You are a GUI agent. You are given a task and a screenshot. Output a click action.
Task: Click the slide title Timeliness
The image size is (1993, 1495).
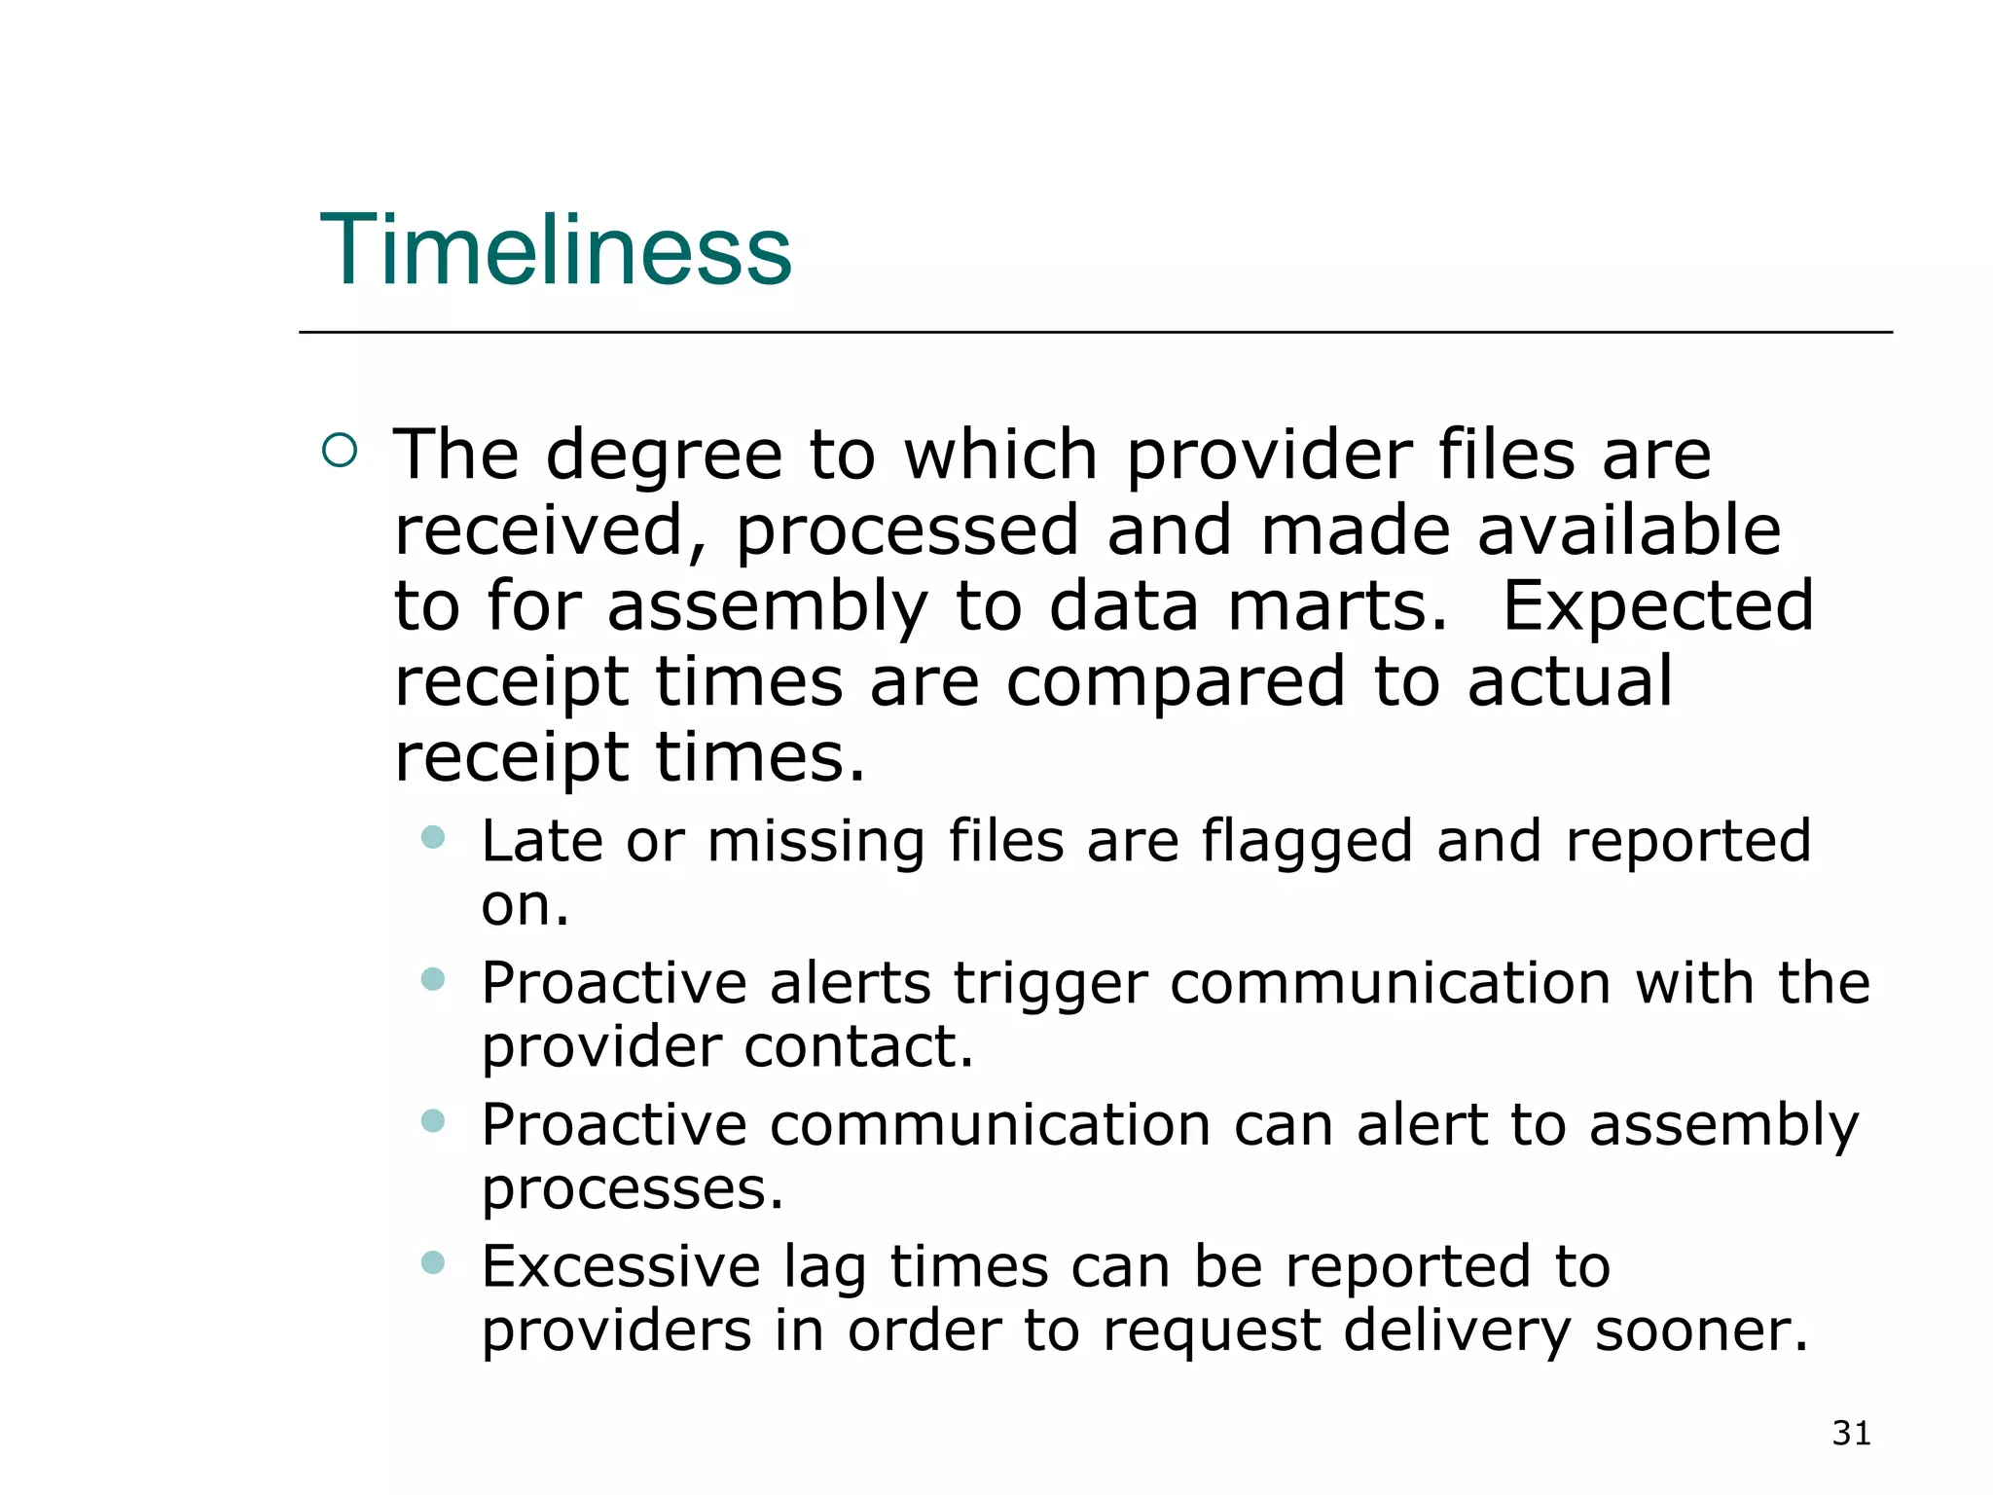point(556,250)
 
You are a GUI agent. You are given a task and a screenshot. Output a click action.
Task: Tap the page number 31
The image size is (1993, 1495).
point(1851,1433)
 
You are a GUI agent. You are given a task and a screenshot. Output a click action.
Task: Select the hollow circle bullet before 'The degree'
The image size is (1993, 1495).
point(340,450)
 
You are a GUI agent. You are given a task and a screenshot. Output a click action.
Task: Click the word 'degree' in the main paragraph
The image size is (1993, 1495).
point(664,456)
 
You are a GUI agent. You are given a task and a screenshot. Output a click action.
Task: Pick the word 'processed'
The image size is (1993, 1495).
point(907,531)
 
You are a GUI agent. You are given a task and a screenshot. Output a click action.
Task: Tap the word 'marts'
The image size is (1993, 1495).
point(1337,605)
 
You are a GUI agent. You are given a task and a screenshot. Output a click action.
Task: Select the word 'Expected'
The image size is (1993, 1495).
point(1657,605)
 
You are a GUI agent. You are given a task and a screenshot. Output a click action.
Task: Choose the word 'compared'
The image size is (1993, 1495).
point(1176,681)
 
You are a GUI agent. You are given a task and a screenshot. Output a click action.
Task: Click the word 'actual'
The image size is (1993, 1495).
point(1570,681)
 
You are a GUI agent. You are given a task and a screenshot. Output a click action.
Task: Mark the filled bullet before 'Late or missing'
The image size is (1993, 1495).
point(433,837)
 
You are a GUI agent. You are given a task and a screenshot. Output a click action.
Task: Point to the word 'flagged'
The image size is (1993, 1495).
point(1306,841)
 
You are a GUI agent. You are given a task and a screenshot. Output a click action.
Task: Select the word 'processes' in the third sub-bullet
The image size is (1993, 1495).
point(631,1189)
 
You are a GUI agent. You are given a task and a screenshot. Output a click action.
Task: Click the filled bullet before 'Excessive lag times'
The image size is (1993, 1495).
point(433,1262)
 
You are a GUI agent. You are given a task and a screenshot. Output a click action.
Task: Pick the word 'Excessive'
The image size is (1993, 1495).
point(621,1266)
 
